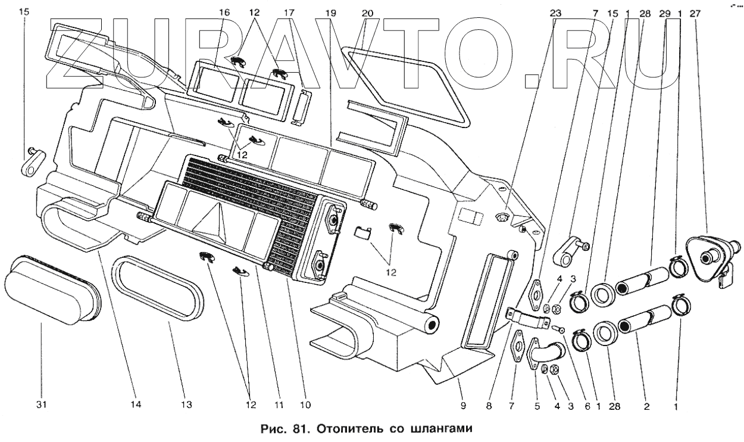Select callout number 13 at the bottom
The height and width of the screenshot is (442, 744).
[x=187, y=405]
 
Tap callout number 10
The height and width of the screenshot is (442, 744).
[x=305, y=405]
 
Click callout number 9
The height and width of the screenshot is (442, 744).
[x=463, y=405]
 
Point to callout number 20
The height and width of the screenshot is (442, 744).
[x=367, y=13]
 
